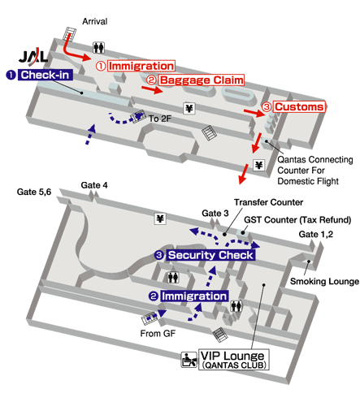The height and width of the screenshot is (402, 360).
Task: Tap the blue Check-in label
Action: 41,75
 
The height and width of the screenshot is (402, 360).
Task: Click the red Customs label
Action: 293,106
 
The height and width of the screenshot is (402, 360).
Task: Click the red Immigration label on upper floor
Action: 137,65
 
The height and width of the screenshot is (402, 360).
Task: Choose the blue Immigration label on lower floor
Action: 189,296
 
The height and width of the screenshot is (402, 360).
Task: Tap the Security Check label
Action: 206,255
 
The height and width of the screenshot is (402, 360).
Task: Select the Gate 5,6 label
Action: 35,192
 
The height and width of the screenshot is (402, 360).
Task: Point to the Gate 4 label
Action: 94,185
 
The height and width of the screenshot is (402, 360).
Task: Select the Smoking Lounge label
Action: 325,282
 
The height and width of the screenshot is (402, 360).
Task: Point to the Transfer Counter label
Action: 268,202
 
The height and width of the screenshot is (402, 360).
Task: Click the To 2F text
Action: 158,119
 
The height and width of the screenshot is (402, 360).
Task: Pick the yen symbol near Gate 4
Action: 160,218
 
